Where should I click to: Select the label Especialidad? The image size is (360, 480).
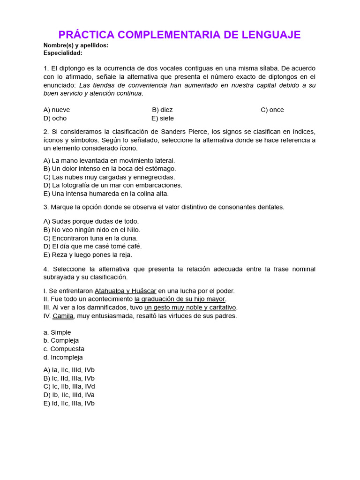point(63,53)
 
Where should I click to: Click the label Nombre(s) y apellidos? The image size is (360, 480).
point(76,45)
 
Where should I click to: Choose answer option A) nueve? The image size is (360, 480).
point(57,110)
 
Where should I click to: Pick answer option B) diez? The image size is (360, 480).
point(162,110)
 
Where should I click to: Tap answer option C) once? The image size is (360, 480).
point(272,110)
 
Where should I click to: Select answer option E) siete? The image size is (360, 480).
point(163,118)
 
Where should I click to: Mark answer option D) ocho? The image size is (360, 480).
point(55,118)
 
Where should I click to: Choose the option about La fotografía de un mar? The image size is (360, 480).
point(112,185)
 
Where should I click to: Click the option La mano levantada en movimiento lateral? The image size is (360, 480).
point(109,160)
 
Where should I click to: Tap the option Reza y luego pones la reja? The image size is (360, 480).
point(88,255)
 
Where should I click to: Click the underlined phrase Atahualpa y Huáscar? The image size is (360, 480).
point(125,291)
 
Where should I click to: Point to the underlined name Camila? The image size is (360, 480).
point(63,316)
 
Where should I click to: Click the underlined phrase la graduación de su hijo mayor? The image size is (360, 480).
point(180,299)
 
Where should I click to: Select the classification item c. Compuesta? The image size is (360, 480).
point(64,349)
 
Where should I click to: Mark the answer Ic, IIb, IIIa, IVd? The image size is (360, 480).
point(69,386)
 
